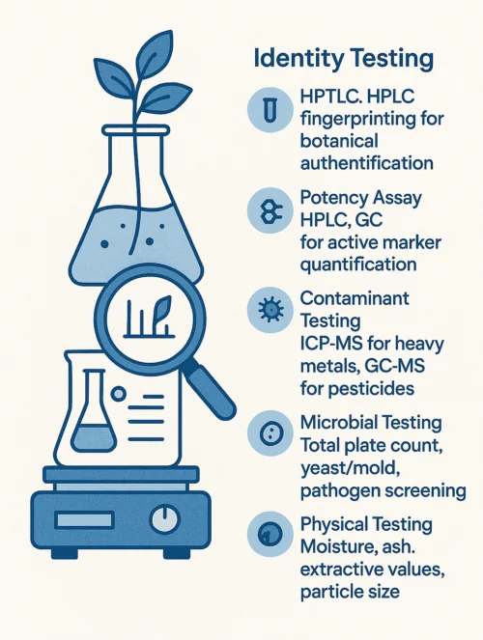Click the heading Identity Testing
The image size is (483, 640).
[x=343, y=59]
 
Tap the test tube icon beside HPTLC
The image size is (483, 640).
[x=270, y=109]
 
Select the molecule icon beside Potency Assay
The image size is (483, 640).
[x=270, y=210]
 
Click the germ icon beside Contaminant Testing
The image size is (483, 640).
[x=270, y=310]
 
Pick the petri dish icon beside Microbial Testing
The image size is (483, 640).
[x=270, y=433]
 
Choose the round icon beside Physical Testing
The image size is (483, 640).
[x=270, y=534]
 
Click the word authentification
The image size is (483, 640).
[x=367, y=163]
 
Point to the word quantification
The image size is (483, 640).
[x=358, y=264]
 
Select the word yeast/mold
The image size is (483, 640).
[x=350, y=468]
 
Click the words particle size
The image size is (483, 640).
[x=350, y=591]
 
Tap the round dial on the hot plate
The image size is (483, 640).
[x=165, y=519]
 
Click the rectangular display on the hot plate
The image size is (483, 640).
[x=84, y=520]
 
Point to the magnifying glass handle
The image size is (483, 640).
[x=211, y=392]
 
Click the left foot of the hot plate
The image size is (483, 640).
[x=64, y=554]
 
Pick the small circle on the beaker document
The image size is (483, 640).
[x=119, y=394]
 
